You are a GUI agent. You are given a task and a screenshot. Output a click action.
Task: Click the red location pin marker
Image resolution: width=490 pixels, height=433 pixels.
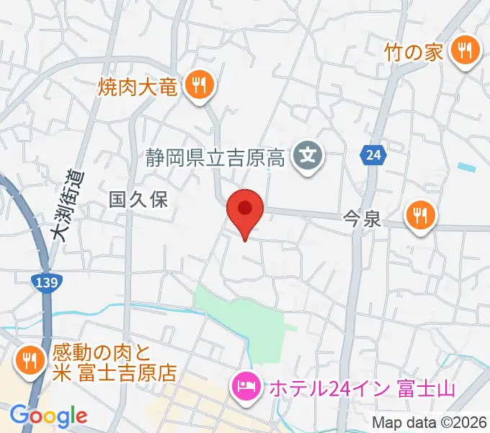(x=245, y=210)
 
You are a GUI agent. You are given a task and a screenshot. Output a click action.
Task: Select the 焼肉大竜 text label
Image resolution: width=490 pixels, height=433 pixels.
(x=138, y=88)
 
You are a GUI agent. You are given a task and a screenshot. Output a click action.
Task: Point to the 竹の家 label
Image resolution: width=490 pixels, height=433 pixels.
(x=413, y=52)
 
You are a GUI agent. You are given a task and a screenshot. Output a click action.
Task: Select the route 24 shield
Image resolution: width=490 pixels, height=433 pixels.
(x=371, y=154)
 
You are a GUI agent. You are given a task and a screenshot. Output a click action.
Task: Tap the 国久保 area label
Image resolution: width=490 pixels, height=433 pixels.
(x=138, y=200)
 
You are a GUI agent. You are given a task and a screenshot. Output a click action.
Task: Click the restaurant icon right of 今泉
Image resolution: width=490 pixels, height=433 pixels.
(x=419, y=214)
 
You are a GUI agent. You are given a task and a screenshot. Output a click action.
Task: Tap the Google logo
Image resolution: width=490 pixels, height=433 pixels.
(x=48, y=415)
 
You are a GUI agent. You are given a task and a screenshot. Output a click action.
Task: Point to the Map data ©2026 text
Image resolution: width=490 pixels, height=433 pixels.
(x=429, y=421)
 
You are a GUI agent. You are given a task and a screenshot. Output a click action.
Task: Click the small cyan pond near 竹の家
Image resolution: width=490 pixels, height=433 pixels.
(x=467, y=167)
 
